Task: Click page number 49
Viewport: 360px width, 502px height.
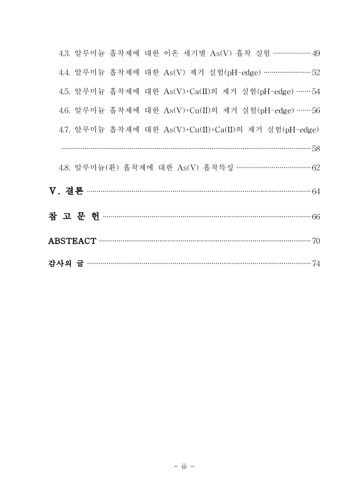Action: pyautogui.click(x=315, y=51)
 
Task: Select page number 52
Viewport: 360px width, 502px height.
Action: pyautogui.click(x=315, y=72)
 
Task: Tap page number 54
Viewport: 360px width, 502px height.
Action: pyautogui.click(x=315, y=92)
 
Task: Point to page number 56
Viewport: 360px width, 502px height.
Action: pyautogui.click(x=315, y=110)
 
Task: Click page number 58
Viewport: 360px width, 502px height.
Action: pyautogui.click(x=315, y=149)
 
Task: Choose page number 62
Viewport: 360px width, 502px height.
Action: pyautogui.click(x=315, y=168)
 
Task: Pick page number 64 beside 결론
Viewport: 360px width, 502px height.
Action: pyautogui.click(x=315, y=191)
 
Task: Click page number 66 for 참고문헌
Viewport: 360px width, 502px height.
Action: pyautogui.click(x=315, y=216)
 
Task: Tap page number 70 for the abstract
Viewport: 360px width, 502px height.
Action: pyautogui.click(x=315, y=241)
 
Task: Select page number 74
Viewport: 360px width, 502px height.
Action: pyautogui.click(x=315, y=264)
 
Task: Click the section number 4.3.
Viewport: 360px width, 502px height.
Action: pyautogui.click(x=63, y=51)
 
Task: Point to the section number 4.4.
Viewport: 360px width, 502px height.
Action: pyautogui.click(x=63, y=72)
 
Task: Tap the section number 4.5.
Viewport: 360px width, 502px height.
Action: pyautogui.click(x=63, y=92)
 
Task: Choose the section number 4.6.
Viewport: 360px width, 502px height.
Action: pyautogui.click(x=63, y=110)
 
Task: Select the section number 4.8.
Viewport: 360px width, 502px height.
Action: pyautogui.click(x=63, y=168)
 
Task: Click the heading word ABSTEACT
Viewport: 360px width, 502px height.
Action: pyautogui.click(x=72, y=241)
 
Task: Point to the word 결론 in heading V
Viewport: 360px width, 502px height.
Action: pyautogui.click(x=74, y=191)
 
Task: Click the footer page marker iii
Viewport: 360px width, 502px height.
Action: pyautogui.click(x=180, y=467)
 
